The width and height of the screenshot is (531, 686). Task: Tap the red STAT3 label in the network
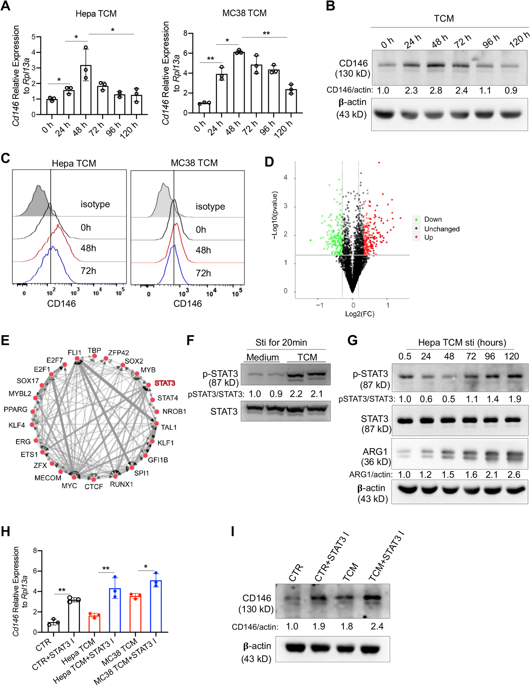[165, 383]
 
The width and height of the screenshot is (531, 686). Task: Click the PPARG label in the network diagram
[16, 410]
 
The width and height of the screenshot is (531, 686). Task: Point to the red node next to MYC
[74, 477]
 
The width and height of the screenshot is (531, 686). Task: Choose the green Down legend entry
[433, 219]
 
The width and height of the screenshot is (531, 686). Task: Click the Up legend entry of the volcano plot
[428, 237]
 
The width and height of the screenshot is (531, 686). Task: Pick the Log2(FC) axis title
[360, 314]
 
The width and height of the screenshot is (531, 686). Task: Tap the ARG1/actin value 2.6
[514, 474]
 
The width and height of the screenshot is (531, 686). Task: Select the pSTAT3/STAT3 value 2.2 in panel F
[296, 394]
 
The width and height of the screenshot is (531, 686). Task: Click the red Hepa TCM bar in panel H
[94, 624]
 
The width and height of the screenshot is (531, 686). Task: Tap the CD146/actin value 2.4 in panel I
[377, 626]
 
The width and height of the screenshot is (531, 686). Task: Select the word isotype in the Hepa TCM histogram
[95, 204]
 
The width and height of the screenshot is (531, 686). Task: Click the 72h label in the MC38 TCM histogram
[203, 273]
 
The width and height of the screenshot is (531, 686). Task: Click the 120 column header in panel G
[512, 356]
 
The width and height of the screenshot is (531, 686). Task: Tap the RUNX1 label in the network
[121, 484]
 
